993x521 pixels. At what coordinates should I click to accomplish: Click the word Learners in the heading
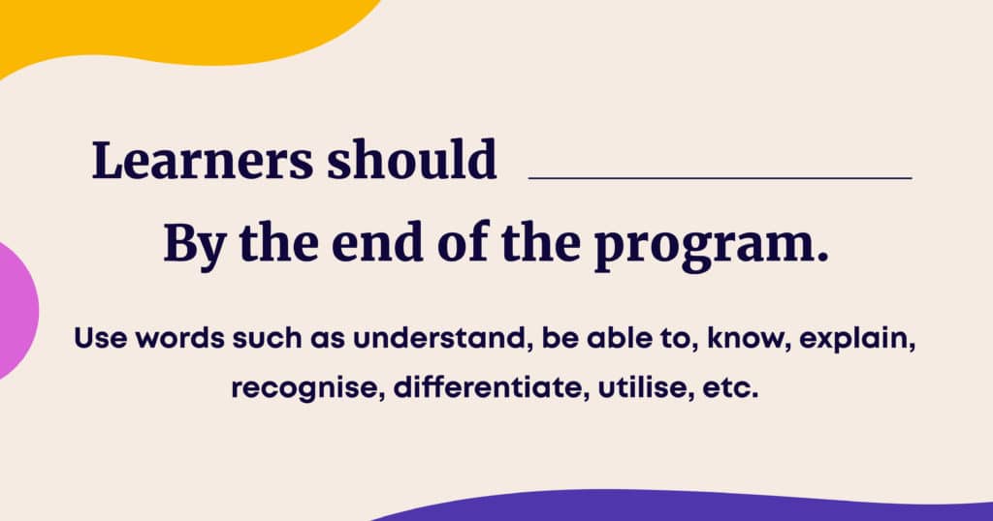(x=203, y=160)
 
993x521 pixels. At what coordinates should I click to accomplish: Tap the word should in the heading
(x=411, y=159)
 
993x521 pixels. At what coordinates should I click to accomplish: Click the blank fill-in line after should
(x=721, y=178)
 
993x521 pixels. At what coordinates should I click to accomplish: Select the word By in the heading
(x=195, y=245)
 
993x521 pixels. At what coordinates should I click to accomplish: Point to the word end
(x=377, y=243)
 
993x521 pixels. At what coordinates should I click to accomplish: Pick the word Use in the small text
(x=101, y=338)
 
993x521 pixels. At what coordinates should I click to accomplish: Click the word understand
(x=437, y=338)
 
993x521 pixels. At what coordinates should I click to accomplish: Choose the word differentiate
(x=487, y=387)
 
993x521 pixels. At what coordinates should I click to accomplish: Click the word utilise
(x=642, y=387)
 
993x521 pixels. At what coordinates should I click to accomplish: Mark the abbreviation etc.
(x=729, y=388)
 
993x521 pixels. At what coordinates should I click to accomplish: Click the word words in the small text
(x=179, y=338)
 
